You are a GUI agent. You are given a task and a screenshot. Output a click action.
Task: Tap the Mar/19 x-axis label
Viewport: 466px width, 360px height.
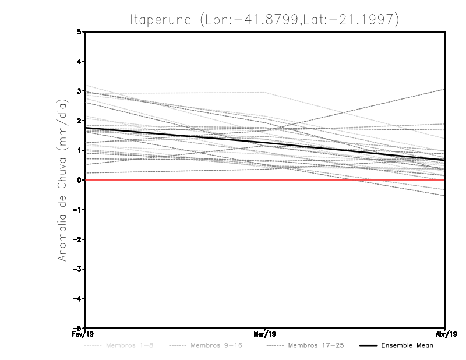(x=265, y=335)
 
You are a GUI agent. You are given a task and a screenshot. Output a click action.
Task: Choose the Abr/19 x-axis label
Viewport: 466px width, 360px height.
(x=445, y=335)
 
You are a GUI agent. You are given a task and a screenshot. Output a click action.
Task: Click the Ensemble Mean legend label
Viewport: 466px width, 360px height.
(x=407, y=345)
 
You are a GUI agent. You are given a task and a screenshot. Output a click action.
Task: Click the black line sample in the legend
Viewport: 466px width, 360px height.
(x=368, y=345)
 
